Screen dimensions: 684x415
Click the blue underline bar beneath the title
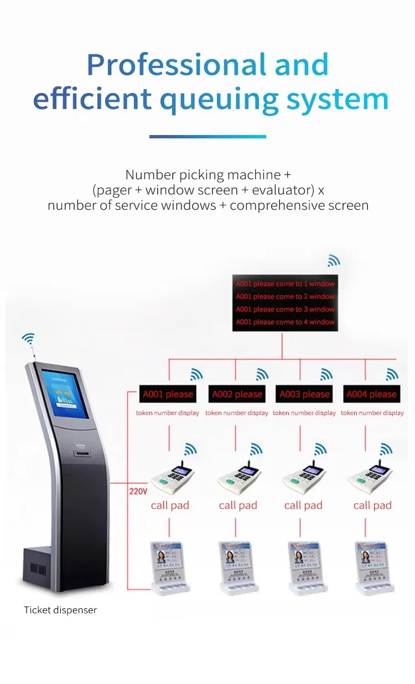(207, 137)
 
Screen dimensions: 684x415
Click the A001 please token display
(168, 394)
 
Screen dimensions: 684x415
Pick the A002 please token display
(237, 394)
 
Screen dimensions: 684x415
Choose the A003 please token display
(304, 394)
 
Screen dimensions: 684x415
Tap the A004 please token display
(372, 394)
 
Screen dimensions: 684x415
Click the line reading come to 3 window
(286, 309)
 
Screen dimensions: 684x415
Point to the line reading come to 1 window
(286, 284)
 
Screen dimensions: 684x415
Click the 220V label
(138, 491)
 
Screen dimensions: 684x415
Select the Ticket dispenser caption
(60, 610)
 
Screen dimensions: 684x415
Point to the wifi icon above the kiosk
(28, 338)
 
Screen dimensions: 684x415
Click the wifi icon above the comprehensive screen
(333, 260)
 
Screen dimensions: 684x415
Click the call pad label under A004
(372, 505)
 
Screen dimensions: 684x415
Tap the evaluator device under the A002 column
(238, 567)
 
